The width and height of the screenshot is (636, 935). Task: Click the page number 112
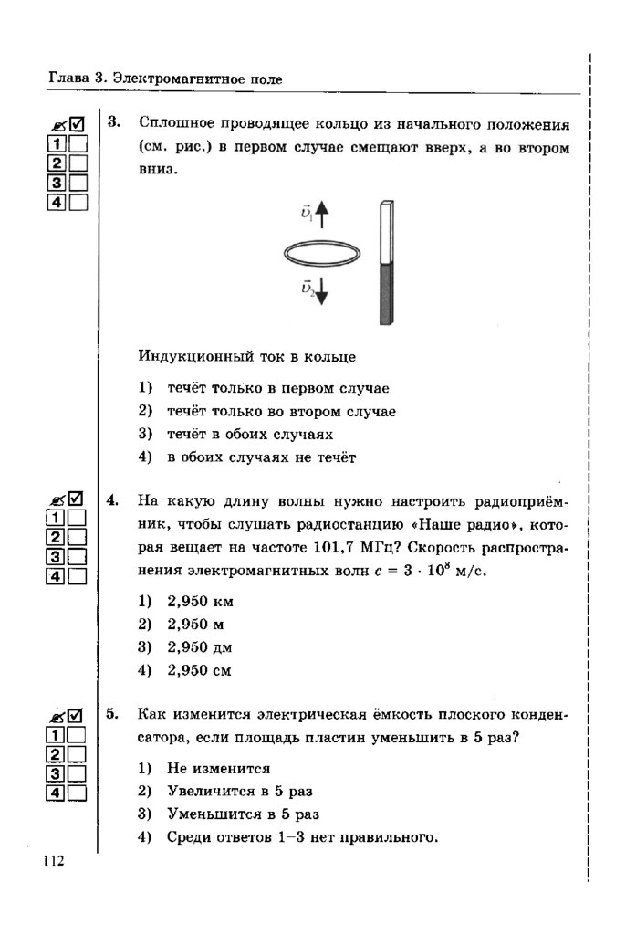tap(53, 861)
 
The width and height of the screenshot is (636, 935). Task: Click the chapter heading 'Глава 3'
tap(77, 79)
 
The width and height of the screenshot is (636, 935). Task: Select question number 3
tap(114, 121)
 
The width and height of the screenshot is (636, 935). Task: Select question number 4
tap(114, 499)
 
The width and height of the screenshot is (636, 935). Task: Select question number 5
tap(114, 714)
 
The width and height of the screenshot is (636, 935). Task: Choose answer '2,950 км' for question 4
tap(202, 602)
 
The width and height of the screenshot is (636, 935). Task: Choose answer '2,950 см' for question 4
tap(202, 670)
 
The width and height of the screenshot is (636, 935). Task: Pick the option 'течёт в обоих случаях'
tap(249, 434)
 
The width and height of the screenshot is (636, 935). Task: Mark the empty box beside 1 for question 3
tap(78, 143)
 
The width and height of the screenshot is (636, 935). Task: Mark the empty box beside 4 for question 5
tap(77, 793)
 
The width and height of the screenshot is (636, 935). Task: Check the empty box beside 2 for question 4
tap(77, 537)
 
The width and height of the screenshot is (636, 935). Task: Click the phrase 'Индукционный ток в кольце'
tap(246, 355)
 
